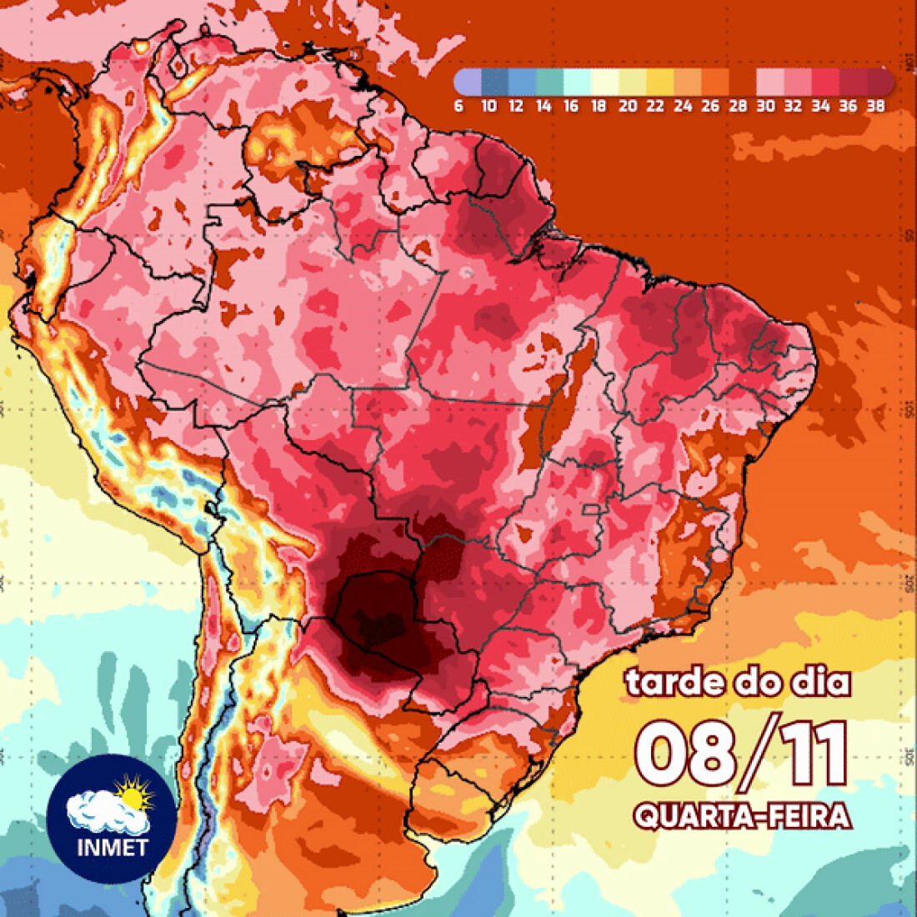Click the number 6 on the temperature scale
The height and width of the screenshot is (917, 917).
click(458, 106)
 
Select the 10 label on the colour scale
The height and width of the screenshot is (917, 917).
click(489, 106)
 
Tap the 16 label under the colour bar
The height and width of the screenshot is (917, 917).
click(571, 106)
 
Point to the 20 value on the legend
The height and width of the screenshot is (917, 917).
click(628, 106)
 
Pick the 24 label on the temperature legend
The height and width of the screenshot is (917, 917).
click(683, 106)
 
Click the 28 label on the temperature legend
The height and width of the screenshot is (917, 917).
click(738, 106)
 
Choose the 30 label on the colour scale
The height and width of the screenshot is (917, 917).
click(765, 106)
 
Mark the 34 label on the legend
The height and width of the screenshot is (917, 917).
click(820, 106)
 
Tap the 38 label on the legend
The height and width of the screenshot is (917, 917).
click(875, 106)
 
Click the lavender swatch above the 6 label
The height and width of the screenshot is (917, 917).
click(468, 83)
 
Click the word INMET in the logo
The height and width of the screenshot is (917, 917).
click(112, 847)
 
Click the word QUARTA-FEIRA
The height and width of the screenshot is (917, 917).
click(742, 815)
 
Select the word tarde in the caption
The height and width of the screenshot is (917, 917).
click(674, 682)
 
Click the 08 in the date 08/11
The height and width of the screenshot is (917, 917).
click(684, 753)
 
